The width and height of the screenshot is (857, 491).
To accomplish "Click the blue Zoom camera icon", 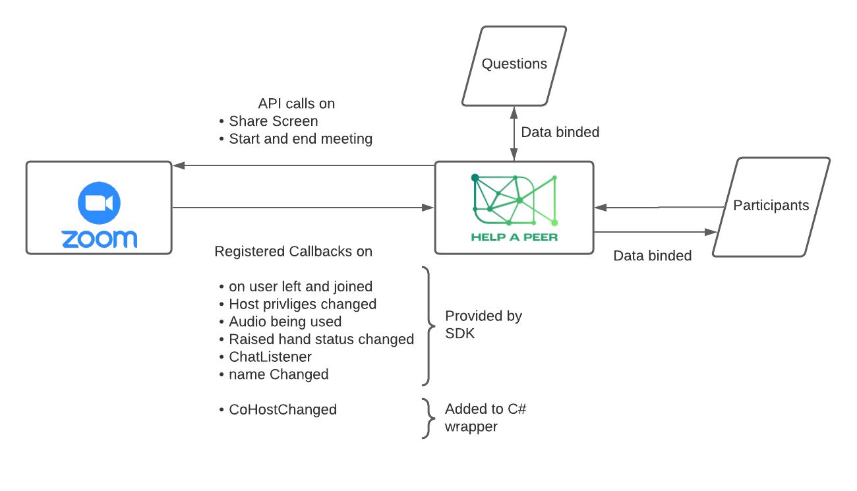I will click(x=99, y=204).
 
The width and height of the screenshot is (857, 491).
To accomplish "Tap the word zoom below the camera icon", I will click(x=99, y=239).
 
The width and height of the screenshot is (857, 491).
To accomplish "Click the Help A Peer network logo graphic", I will click(x=515, y=200).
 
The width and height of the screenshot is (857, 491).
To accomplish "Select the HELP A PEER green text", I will click(x=514, y=237).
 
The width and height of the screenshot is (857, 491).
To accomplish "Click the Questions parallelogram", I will click(x=514, y=65).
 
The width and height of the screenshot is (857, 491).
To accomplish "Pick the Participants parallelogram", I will click(x=771, y=206).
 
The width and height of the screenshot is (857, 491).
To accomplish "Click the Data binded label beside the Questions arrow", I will click(x=560, y=132).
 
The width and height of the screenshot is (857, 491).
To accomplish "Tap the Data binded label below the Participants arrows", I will click(x=652, y=256).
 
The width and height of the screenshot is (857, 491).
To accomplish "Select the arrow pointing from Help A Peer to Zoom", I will click(x=303, y=166).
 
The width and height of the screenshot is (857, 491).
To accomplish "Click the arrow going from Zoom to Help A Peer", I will click(x=303, y=208).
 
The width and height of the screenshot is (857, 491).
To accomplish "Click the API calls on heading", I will click(x=296, y=104).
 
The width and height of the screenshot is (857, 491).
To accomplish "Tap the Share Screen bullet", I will click(x=273, y=121).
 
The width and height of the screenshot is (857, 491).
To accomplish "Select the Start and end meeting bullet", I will click(x=300, y=139).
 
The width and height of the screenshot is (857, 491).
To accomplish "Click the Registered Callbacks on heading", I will click(x=293, y=252).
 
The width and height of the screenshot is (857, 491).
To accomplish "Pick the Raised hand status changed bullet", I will click(x=321, y=339).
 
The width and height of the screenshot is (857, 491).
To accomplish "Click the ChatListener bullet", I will click(x=270, y=357).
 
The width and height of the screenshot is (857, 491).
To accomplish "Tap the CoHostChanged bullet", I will click(x=282, y=409).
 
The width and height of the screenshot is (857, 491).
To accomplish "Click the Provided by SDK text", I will click(x=483, y=324).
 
